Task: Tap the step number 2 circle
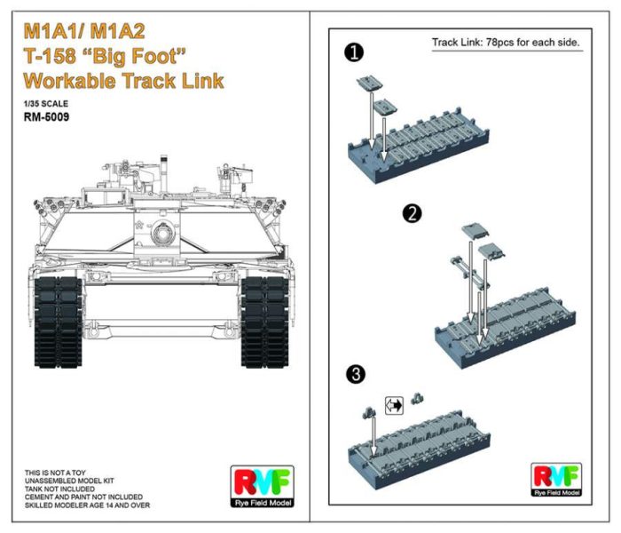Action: [410, 213]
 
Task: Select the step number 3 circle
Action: [357, 375]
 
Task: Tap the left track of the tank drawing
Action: [56, 320]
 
